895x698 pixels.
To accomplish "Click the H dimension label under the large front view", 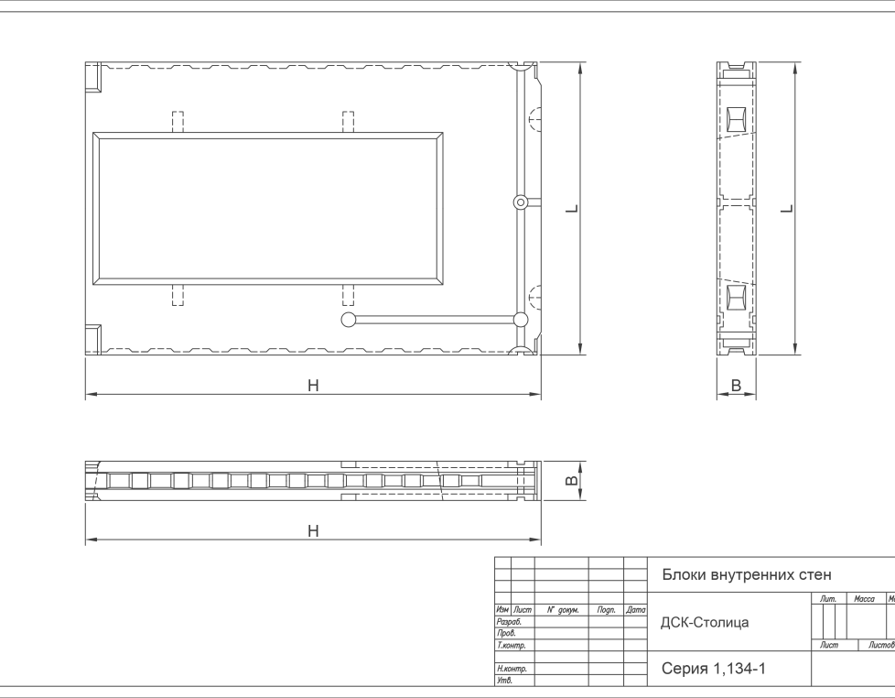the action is (313, 386).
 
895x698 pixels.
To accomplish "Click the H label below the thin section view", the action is (313, 530).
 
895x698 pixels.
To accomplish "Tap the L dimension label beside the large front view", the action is (572, 209).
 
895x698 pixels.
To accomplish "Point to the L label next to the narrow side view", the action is (787, 209).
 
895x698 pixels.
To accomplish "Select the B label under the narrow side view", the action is (736, 386).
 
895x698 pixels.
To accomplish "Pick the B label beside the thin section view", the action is (572, 481).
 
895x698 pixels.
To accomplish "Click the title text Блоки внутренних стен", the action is (747, 574).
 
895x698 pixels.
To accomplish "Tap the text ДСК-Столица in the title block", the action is (705, 622).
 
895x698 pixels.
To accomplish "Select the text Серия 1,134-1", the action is (714, 668).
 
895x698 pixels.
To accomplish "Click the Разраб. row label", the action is (509, 621).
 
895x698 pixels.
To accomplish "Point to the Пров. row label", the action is (506, 633).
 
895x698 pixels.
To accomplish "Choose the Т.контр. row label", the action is (511, 645).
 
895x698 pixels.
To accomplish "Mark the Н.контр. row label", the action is (512, 669).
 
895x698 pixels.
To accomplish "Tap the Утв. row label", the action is (504, 681).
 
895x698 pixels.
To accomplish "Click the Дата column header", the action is (635, 610).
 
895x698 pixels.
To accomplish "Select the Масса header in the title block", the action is (864, 598).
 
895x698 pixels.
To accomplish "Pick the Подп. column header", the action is (606, 610).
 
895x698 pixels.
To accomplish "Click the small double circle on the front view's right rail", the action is (520, 202).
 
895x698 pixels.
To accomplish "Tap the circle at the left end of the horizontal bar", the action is (348, 320).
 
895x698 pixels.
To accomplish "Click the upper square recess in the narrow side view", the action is (737, 120).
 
